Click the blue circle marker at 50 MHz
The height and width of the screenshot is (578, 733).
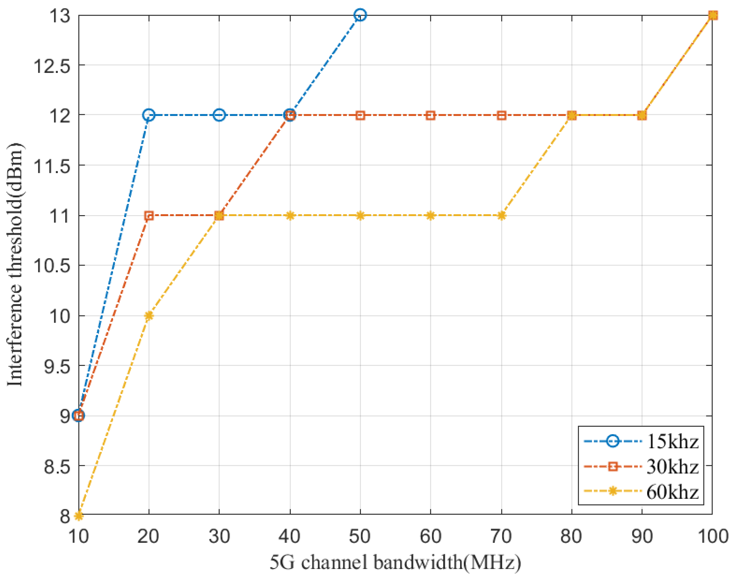(x=360, y=15)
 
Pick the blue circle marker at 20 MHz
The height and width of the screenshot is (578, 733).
(x=149, y=115)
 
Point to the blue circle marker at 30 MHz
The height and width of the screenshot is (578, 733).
(x=219, y=115)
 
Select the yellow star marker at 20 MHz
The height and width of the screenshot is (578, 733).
(x=149, y=316)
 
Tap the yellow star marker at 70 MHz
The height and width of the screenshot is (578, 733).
(x=502, y=215)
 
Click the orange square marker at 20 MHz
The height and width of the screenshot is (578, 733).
(x=149, y=215)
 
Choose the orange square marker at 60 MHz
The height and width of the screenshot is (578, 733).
(x=430, y=115)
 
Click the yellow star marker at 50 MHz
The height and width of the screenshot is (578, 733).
(x=360, y=215)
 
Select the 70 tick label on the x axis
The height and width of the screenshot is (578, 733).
(x=501, y=537)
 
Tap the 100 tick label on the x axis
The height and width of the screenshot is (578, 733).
(x=713, y=537)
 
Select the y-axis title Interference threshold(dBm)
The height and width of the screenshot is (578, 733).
(x=15, y=264)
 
